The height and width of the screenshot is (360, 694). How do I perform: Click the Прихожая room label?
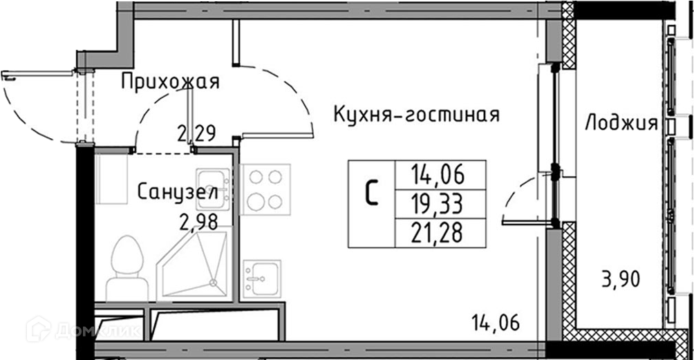(x=170, y=82)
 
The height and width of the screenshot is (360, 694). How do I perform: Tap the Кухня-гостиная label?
(x=416, y=114)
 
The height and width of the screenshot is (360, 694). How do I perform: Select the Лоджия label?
(x=620, y=124)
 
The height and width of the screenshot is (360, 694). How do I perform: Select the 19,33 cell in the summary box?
(x=439, y=204)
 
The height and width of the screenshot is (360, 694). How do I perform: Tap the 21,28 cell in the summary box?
(x=439, y=233)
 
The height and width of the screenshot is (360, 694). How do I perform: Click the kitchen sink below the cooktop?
(x=261, y=279)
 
